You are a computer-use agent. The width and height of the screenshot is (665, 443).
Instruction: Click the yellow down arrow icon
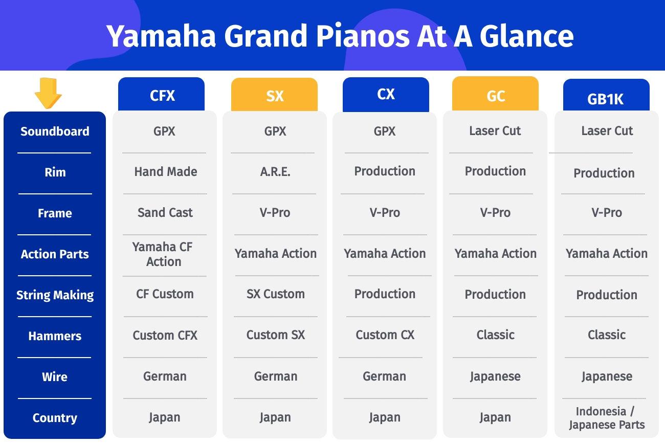[48, 93]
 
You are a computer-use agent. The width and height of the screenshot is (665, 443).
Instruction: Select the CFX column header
[161, 94]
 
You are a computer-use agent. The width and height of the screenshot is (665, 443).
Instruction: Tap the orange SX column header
[274, 95]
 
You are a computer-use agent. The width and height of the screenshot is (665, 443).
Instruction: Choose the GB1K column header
[606, 95]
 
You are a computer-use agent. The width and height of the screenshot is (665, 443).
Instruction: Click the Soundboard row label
[55, 131]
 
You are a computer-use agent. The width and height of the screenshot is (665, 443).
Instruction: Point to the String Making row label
[55, 295]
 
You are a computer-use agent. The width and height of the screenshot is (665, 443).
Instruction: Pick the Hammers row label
[55, 336]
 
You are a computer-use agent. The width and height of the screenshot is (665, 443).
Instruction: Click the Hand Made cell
[166, 171]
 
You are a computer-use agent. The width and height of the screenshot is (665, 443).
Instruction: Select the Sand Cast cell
[165, 213]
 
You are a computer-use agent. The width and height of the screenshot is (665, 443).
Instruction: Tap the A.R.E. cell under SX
[275, 171]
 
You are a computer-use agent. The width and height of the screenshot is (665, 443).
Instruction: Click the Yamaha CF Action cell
[163, 254]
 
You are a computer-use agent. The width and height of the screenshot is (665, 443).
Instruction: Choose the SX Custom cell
[276, 294]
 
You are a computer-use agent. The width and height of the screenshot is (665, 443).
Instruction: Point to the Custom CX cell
[385, 335]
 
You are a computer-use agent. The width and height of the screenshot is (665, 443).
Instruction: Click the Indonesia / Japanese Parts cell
[607, 418]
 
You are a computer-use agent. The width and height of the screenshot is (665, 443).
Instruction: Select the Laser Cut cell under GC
[495, 130]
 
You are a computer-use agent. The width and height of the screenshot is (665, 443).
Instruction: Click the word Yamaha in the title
[161, 36]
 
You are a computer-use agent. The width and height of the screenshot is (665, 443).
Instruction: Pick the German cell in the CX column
[385, 376]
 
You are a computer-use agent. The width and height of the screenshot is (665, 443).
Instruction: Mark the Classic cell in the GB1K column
[607, 335]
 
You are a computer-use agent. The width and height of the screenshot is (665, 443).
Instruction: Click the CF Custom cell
[165, 294]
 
